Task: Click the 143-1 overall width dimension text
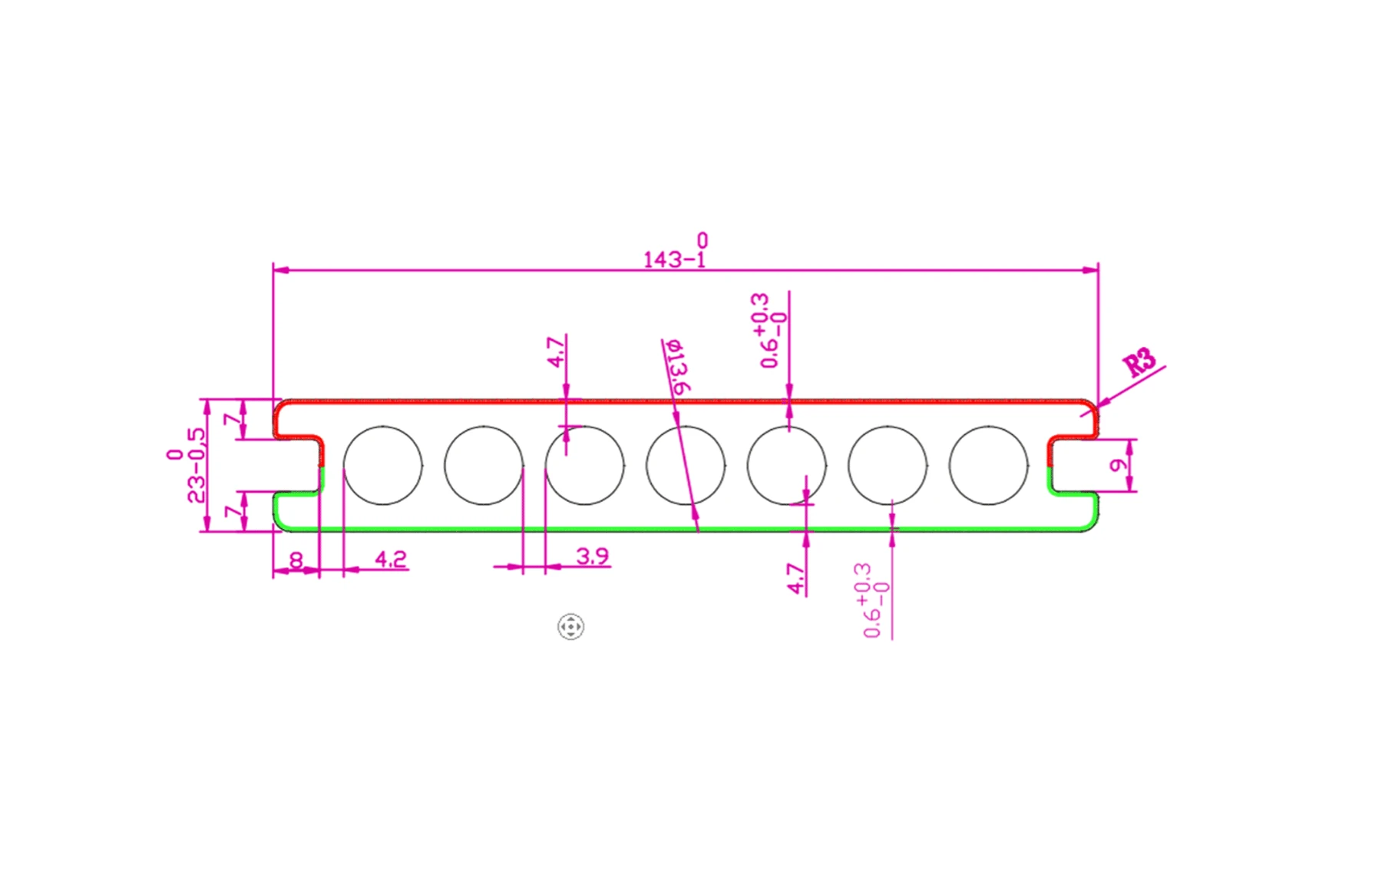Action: click(x=674, y=259)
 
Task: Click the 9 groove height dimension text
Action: click(x=1119, y=465)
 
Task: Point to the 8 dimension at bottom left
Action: click(x=296, y=559)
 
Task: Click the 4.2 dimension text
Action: click(x=390, y=559)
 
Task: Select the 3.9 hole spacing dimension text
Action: click(x=592, y=556)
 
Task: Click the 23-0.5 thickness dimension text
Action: click(x=197, y=465)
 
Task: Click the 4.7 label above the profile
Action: click(x=556, y=351)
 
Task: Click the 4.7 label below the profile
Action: click(x=796, y=579)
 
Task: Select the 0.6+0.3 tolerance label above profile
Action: click(x=772, y=330)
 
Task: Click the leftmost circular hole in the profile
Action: click(x=382, y=465)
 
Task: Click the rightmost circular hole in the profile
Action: click(x=988, y=465)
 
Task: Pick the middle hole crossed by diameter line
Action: click(x=686, y=465)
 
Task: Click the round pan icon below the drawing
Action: click(x=570, y=626)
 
